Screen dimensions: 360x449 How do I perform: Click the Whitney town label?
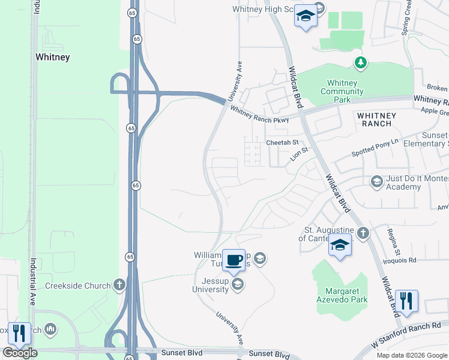coord(53,58)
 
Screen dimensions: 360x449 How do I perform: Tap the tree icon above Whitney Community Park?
coord(360,62)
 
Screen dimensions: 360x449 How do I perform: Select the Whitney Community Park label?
coord(342,91)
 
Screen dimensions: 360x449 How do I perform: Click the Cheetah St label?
coord(282,143)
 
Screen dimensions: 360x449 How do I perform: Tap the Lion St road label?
coord(298,155)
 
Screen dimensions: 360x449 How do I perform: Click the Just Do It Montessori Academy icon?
coord(376,181)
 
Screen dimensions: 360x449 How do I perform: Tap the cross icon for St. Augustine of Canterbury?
coord(363,232)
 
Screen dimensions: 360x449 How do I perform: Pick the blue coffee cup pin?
coord(234,260)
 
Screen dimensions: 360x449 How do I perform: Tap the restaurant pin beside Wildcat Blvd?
coord(406,302)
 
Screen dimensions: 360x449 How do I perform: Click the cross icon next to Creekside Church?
coord(119,285)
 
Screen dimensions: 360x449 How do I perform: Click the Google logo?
coord(20,353)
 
